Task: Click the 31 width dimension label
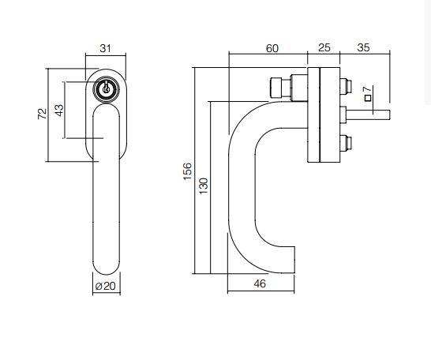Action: [105, 48]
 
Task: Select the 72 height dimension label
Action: [43, 114]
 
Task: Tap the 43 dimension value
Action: [59, 111]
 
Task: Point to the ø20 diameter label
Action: [106, 287]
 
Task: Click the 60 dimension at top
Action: [272, 48]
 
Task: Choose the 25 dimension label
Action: [324, 47]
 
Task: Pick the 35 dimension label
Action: [363, 47]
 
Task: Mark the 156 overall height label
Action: [187, 171]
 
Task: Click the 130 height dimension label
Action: [204, 186]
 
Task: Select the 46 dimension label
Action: [260, 283]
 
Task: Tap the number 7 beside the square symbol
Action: [368, 89]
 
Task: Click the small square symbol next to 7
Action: [368, 98]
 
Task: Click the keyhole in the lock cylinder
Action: [106, 88]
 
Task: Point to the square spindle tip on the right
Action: [389, 115]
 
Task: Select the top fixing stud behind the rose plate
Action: [345, 86]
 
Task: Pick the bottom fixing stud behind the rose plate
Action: [345, 143]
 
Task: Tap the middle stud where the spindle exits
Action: [343, 114]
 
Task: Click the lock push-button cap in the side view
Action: [276, 88]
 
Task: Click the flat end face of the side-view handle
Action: [294, 260]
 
